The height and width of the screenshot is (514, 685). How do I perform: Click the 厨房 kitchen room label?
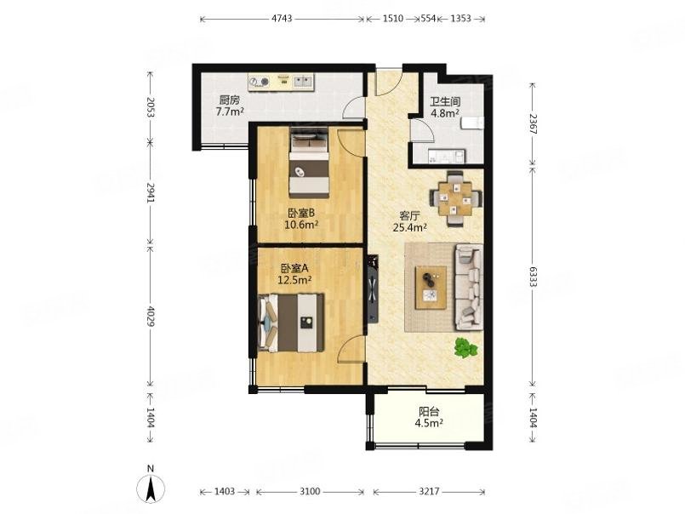[x=230, y=100]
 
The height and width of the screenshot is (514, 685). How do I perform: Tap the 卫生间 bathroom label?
[x=445, y=101]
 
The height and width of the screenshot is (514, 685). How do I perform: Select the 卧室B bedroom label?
[x=301, y=214]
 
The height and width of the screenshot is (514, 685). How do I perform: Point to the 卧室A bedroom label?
[x=294, y=268]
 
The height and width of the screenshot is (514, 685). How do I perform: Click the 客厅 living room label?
[x=410, y=216]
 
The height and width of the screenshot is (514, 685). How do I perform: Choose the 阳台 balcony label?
[x=429, y=411]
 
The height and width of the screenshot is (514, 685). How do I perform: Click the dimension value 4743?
[x=282, y=19]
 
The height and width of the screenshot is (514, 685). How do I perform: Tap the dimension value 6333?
[x=533, y=277]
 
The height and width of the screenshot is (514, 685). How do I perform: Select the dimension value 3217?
[x=429, y=492]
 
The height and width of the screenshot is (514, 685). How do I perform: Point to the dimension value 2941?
[x=151, y=192]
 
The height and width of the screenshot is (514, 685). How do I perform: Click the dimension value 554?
[x=428, y=19]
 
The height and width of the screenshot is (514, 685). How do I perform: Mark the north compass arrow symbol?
[x=151, y=489]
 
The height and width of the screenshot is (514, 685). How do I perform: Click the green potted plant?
[x=465, y=348]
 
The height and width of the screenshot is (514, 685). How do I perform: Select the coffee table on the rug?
[x=431, y=288]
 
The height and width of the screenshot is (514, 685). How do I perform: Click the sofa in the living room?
[x=469, y=288]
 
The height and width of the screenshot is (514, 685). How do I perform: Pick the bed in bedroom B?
[x=309, y=163]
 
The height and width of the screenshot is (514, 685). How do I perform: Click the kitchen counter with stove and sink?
[x=281, y=83]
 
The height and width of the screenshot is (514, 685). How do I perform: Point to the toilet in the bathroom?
[x=472, y=123]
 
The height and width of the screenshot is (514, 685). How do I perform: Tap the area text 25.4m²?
[x=410, y=227]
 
